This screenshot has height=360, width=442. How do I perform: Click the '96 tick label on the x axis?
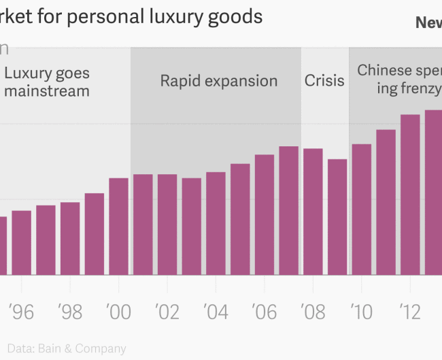[x=21, y=312]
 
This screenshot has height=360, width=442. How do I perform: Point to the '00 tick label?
[x=118, y=312]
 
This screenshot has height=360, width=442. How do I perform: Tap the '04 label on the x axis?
[x=216, y=312]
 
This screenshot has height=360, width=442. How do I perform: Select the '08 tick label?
[x=313, y=312]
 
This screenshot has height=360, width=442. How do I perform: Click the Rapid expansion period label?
[x=218, y=81]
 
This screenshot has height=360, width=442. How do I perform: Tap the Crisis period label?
[x=324, y=81]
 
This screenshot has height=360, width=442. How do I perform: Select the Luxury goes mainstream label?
[x=47, y=82]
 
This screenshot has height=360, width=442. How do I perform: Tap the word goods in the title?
[x=238, y=16]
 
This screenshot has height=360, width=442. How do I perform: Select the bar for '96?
[x=21, y=242]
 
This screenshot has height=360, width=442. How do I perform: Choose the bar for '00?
[x=118, y=226]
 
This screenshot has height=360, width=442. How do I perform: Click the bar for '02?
[x=167, y=225]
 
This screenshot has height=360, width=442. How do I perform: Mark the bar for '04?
[x=216, y=223]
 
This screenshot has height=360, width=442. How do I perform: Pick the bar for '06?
[x=265, y=214]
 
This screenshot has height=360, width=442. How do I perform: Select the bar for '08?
[x=313, y=212]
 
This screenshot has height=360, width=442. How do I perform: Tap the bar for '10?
[x=362, y=209]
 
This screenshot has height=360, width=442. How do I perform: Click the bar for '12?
[x=410, y=195]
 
